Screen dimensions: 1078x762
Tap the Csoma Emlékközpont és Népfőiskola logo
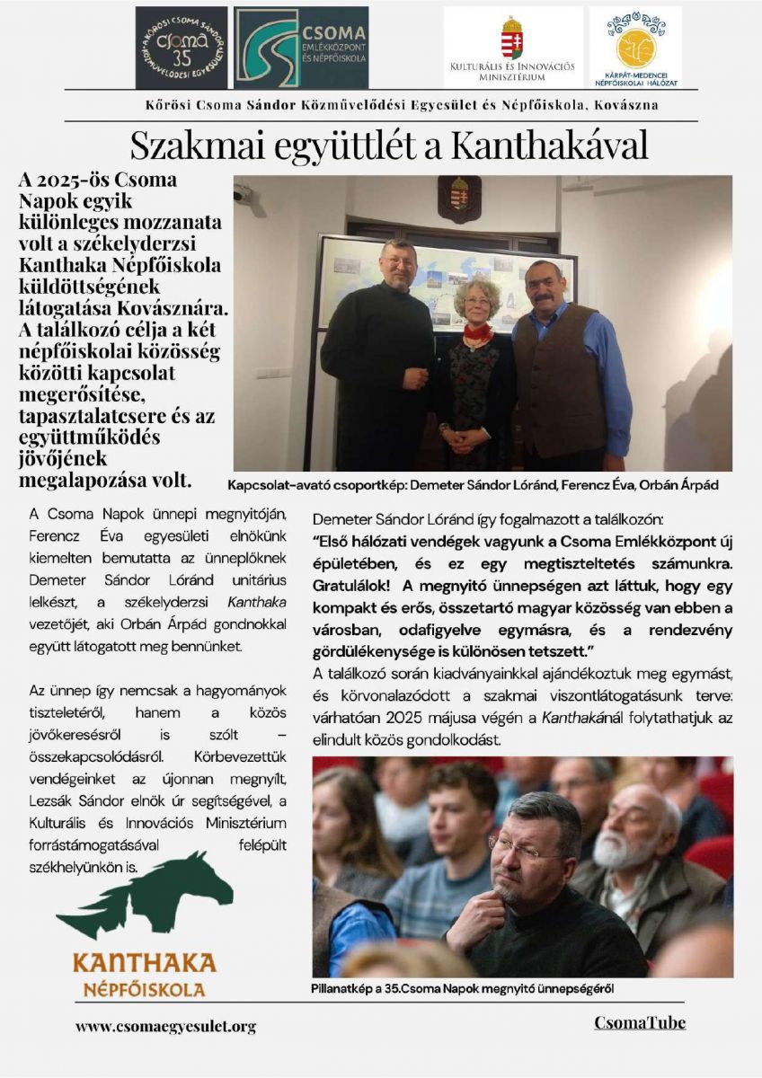click(x=300, y=47)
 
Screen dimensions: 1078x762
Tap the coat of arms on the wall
click(x=459, y=198)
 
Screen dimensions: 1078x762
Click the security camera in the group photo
click(x=243, y=193)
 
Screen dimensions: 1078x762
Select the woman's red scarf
click(x=477, y=334)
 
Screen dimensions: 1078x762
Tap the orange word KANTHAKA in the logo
click(x=144, y=963)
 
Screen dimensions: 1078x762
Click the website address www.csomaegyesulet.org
click(x=166, y=1026)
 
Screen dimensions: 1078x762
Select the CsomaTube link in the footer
click(x=640, y=1023)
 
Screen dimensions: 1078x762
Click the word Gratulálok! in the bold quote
click(x=355, y=586)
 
